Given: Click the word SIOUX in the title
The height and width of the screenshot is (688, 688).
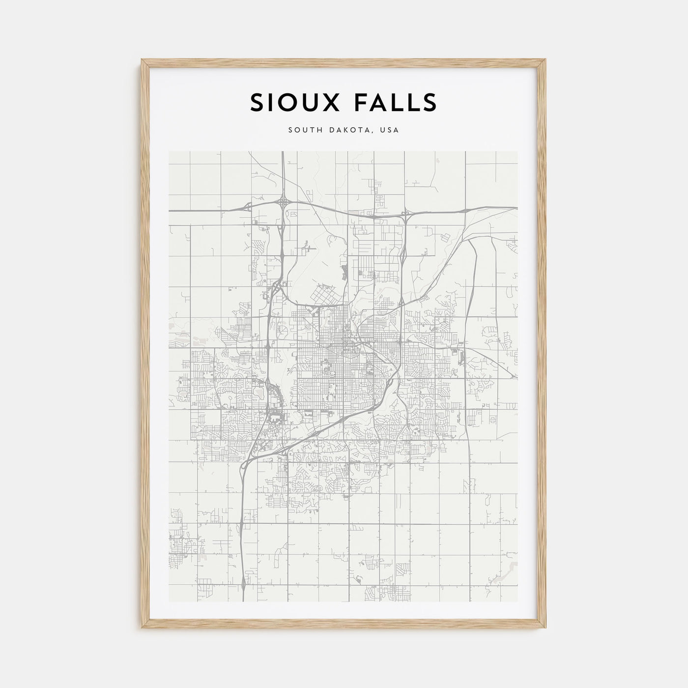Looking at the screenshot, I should pos(291,102).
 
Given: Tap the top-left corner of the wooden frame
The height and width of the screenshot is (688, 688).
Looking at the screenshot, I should pos(142,60).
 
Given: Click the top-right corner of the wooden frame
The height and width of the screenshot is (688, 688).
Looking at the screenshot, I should pos(546,60).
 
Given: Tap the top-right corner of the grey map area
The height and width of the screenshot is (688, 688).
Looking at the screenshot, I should pos(517,151).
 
